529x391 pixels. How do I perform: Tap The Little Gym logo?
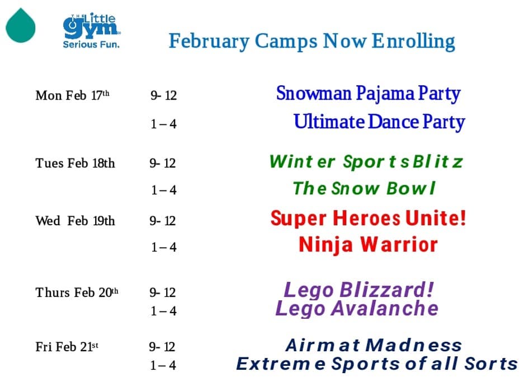91,31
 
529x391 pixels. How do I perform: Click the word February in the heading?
209,42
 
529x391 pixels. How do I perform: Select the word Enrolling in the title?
413,41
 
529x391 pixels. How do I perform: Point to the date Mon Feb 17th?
73,95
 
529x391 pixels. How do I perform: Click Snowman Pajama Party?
369,94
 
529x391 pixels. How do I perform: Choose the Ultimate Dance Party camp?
379,122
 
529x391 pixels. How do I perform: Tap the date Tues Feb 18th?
75,163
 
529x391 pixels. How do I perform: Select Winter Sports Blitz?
366,161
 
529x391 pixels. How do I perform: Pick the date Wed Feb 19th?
75,221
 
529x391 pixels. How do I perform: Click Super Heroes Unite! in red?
368,218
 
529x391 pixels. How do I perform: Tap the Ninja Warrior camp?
368,245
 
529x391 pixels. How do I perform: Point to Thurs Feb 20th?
77,292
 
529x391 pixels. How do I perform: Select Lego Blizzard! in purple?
358,290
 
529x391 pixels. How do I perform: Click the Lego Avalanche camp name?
357,309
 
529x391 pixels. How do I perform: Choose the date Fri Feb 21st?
67,347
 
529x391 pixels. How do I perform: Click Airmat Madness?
374,345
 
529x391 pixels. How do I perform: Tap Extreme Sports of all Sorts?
377,364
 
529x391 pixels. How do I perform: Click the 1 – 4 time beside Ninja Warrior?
164,248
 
